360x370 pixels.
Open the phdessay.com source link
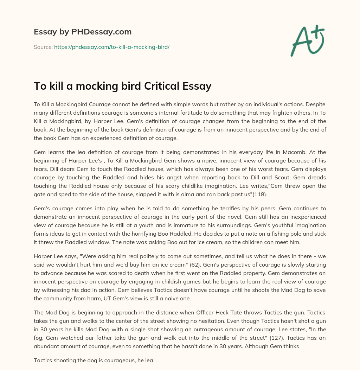pos(112,47)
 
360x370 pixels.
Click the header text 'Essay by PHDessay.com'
pos(83,32)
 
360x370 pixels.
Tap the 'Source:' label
pos(43,47)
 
